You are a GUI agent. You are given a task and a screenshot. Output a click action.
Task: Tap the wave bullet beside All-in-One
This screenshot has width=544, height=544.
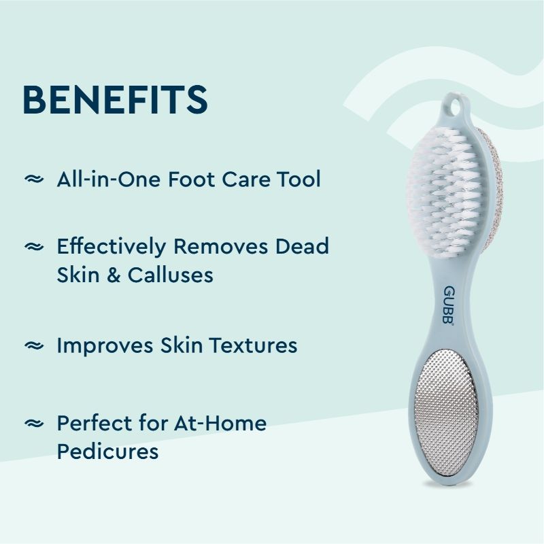[33, 180]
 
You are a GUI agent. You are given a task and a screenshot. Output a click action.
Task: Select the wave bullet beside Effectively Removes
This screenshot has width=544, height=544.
[33, 247]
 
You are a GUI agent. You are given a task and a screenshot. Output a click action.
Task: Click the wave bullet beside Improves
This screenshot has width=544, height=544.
[33, 345]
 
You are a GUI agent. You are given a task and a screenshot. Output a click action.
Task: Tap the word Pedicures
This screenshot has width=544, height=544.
[107, 451]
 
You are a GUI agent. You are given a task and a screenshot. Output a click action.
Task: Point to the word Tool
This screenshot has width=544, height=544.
[298, 180]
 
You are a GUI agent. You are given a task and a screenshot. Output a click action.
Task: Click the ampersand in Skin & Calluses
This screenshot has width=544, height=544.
[108, 275]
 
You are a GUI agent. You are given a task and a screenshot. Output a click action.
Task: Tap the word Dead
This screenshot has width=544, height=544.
[302, 246]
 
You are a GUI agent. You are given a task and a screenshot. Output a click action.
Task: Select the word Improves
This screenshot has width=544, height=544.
[105, 345]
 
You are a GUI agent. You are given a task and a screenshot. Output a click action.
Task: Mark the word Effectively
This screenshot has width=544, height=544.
[111, 246]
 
